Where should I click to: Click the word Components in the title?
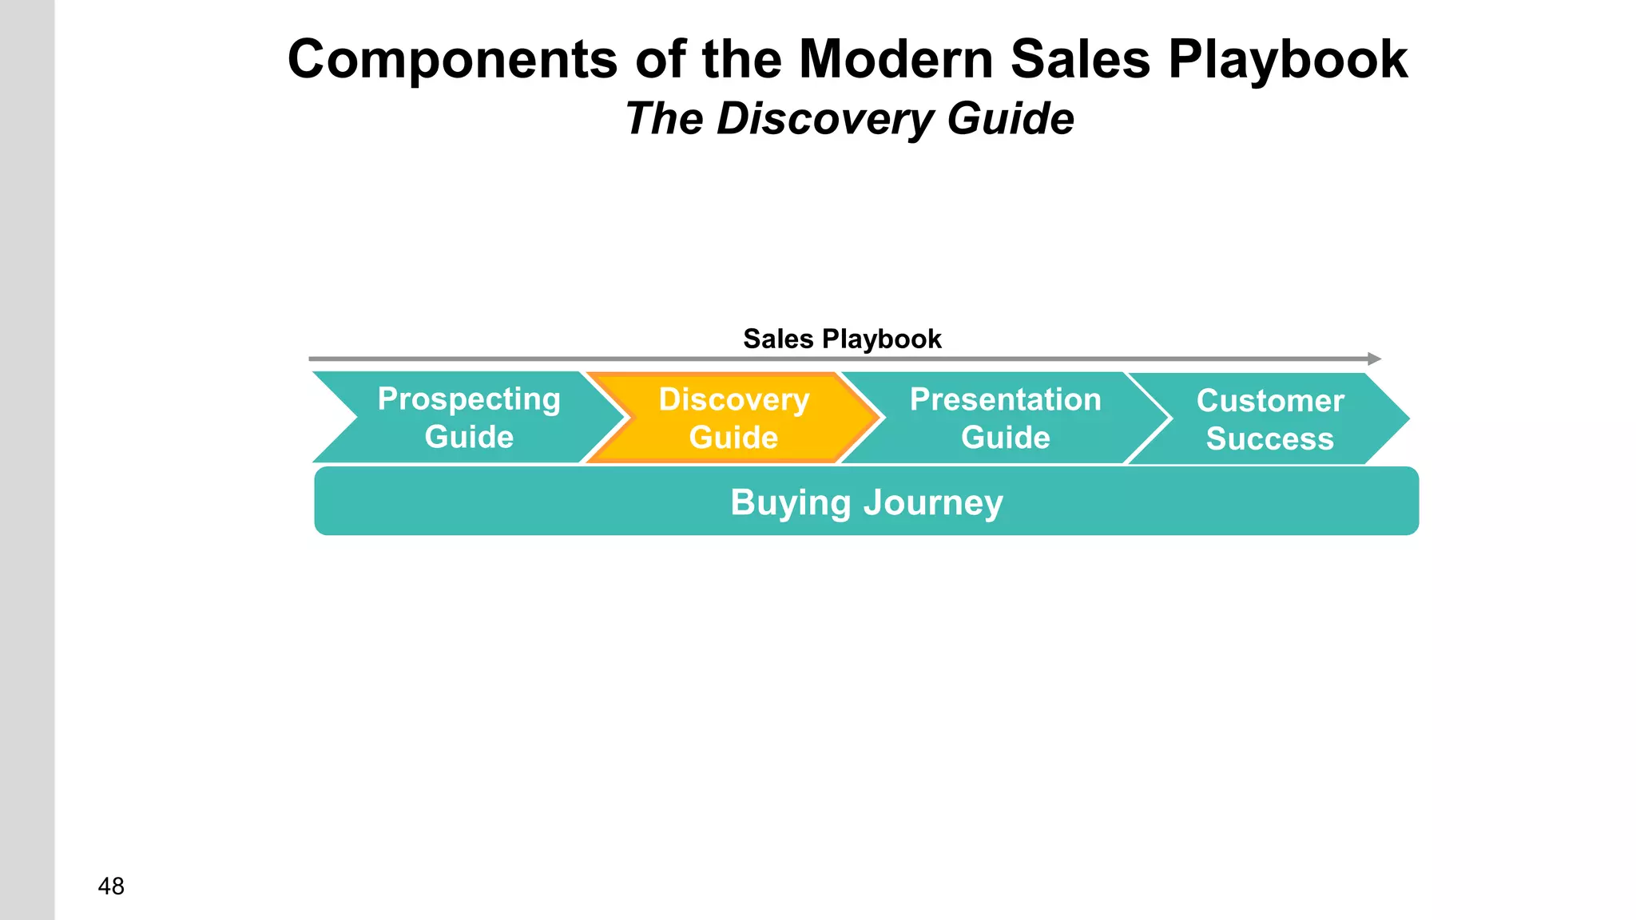(x=452, y=60)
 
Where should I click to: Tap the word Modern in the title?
(x=895, y=60)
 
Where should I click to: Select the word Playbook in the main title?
(x=1288, y=60)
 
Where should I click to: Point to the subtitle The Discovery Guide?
(x=849, y=119)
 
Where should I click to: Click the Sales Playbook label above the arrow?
(x=842, y=339)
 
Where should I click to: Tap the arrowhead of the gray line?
(x=1374, y=359)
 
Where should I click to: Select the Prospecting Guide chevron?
(x=468, y=418)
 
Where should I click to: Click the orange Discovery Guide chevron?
(x=733, y=418)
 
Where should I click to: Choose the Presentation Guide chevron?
(x=1005, y=418)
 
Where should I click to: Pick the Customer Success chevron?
(x=1269, y=419)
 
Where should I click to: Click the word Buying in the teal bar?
(x=791, y=503)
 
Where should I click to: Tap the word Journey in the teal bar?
(x=933, y=503)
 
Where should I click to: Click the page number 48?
(x=111, y=886)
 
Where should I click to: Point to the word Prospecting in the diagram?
(x=469, y=399)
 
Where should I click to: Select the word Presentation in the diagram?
(x=1005, y=399)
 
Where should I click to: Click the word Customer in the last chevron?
(x=1270, y=401)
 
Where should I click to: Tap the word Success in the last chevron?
(x=1269, y=439)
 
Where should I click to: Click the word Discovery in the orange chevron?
(x=733, y=399)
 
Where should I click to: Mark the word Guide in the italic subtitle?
(x=1011, y=119)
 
